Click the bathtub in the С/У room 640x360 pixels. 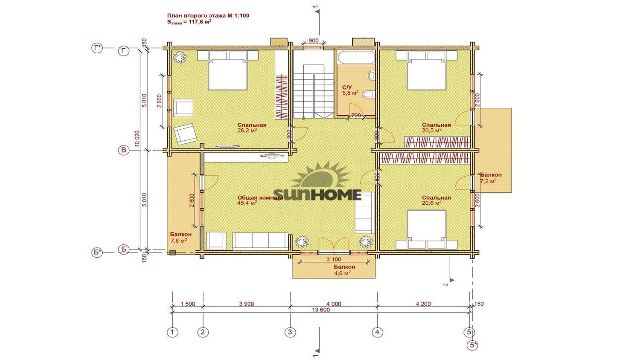tap(356, 58)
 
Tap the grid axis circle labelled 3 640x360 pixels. tap(290, 332)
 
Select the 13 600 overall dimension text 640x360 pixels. tap(321, 310)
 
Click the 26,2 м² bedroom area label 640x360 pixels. tap(247, 131)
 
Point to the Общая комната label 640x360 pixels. tap(260, 198)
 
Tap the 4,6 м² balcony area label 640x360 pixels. tap(342, 273)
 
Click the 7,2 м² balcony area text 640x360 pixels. tap(488, 181)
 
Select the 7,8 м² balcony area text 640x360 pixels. tap(179, 241)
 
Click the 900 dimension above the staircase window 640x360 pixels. tap(314, 41)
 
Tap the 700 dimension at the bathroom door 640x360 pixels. tap(356, 116)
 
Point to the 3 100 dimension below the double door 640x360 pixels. tap(334, 259)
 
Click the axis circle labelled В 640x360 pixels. tap(124, 150)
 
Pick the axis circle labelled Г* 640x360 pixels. tap(97, 47)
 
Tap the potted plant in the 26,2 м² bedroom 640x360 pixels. tap(180, 58)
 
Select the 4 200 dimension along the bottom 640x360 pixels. tap(423, 304)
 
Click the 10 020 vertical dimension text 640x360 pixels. tap(137, 139)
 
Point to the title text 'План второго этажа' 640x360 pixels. tap(197, 16)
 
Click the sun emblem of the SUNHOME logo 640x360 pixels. tap(320, 175)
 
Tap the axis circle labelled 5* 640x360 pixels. tap(474, 345)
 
